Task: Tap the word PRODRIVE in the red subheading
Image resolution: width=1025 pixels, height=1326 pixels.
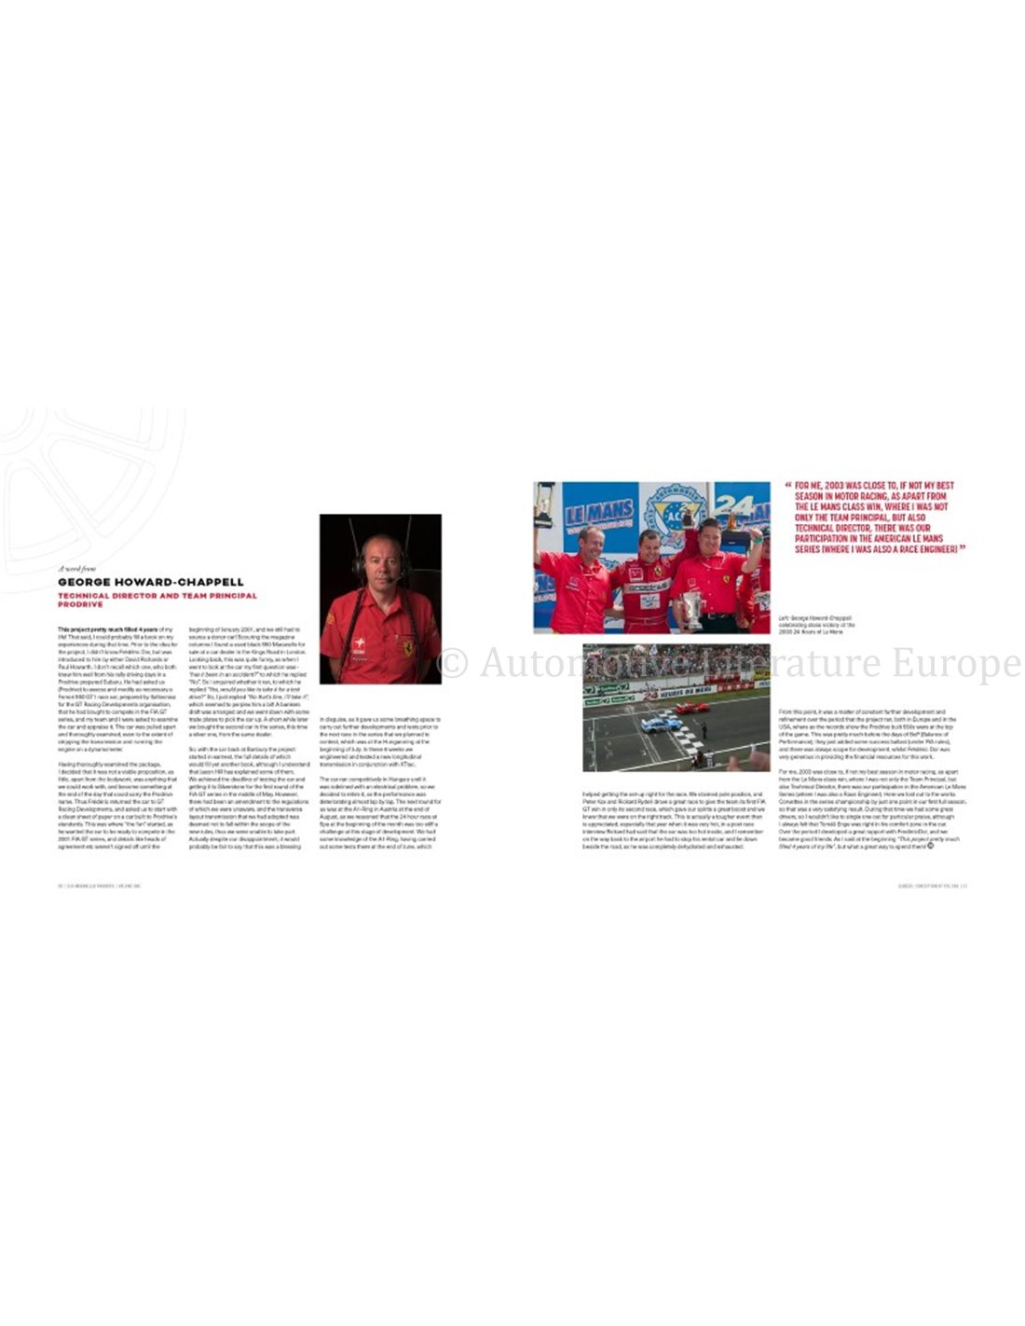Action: pos(81,604)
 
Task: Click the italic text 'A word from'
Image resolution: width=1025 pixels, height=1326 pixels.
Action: pos(76,568)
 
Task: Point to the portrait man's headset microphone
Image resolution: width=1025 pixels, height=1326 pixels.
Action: pos(402,579)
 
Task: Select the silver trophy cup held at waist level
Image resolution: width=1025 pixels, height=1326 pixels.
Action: pos(690,609)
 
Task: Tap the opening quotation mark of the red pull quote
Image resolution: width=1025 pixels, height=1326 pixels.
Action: pos(788,485)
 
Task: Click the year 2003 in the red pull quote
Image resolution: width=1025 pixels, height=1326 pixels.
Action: pos(840,486)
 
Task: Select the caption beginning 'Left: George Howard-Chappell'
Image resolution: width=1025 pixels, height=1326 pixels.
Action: pos(816,625)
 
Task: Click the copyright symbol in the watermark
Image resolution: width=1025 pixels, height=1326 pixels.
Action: pos(453,663)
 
